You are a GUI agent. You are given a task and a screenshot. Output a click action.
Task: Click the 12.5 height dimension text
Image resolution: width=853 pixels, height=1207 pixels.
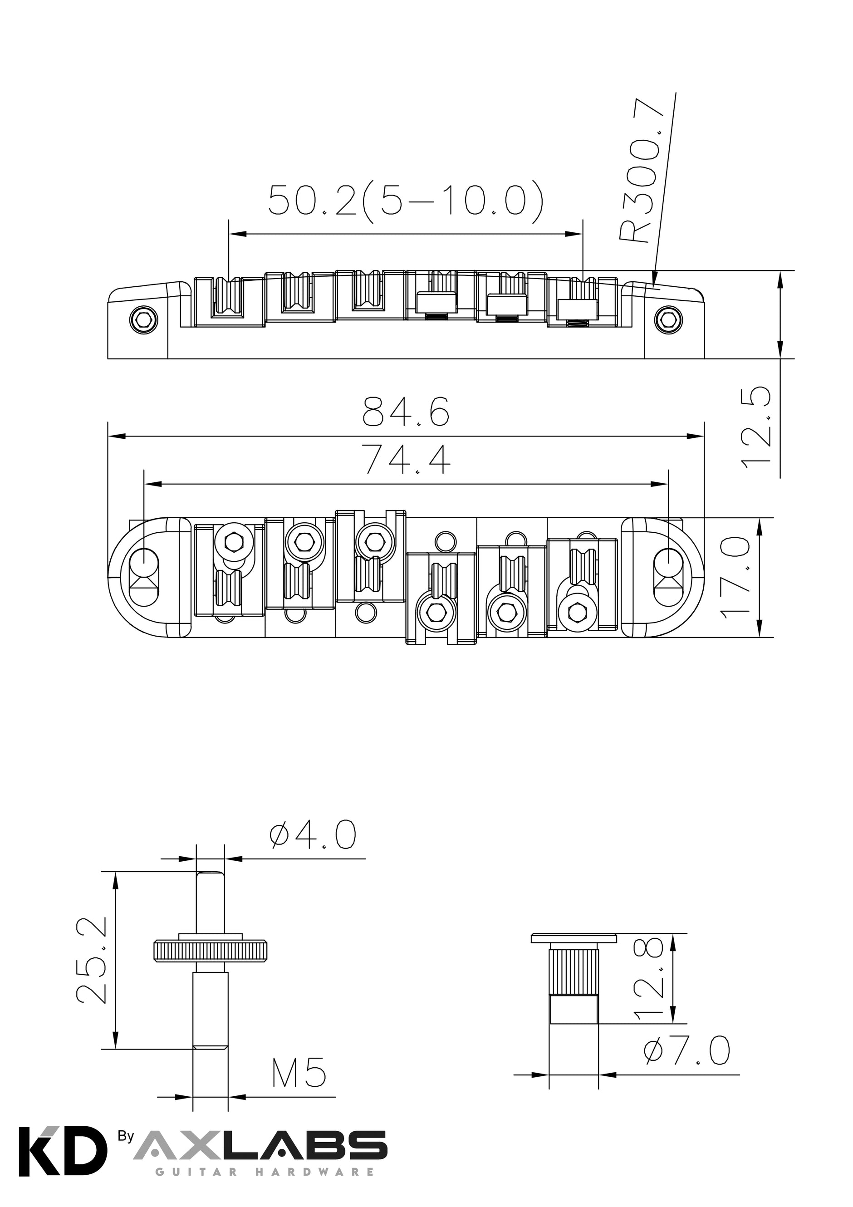tap(756, 425)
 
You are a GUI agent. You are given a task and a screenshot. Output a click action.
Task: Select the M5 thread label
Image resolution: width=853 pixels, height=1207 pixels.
tap(299, 1071)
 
